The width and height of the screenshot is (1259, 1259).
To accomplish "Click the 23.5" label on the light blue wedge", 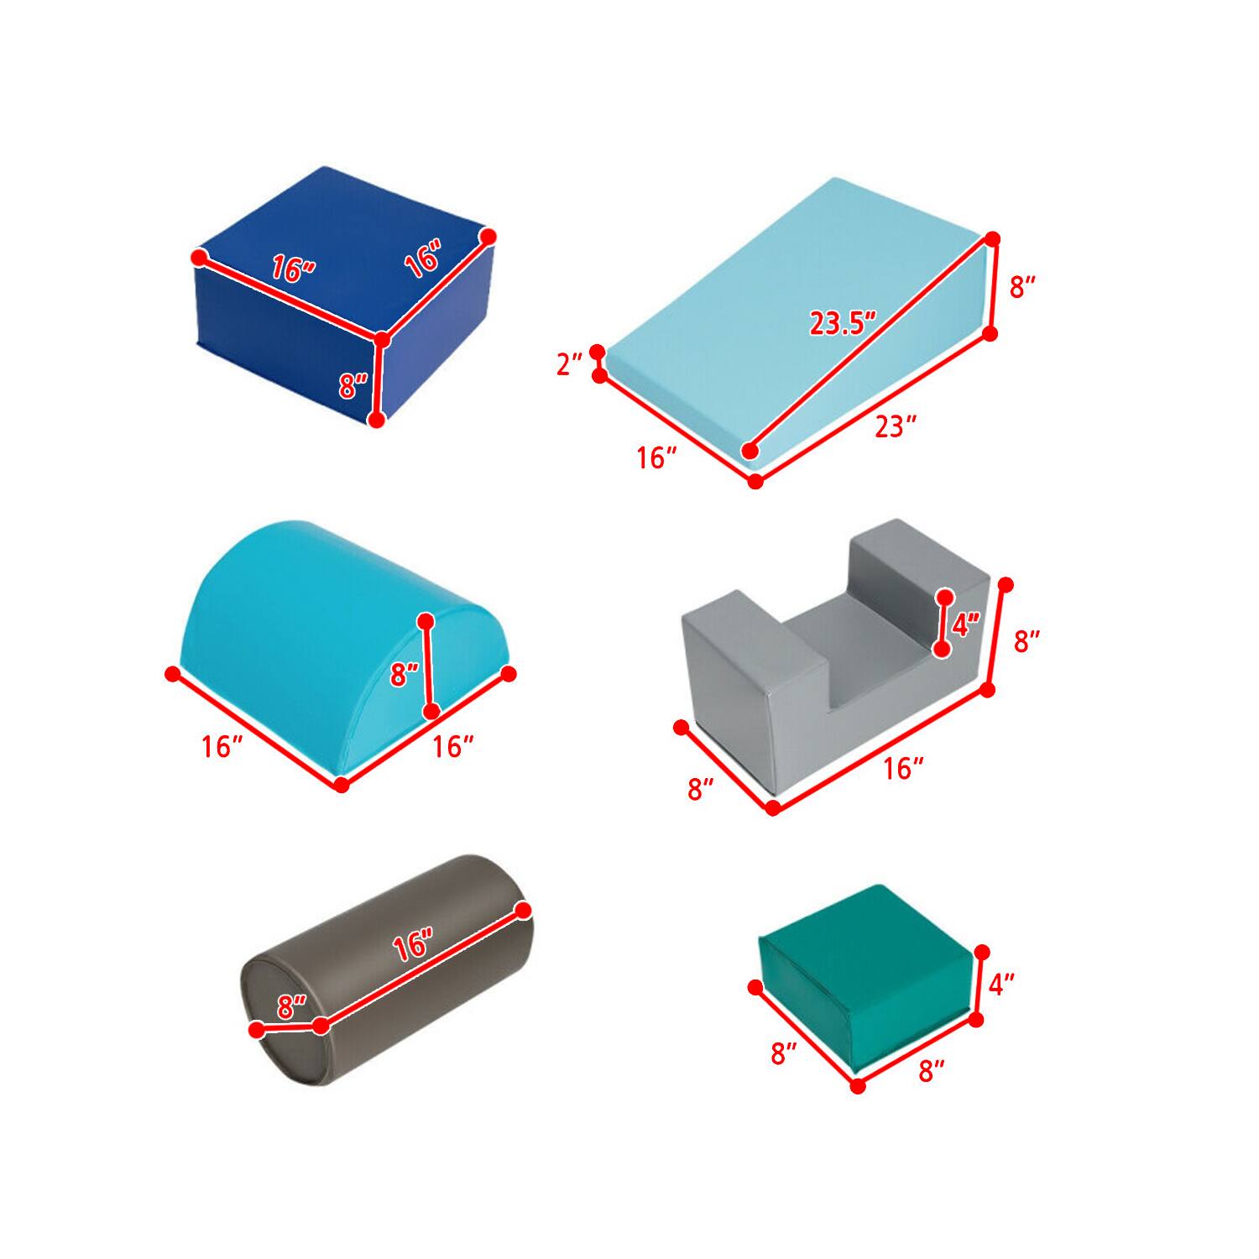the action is coord(843,322).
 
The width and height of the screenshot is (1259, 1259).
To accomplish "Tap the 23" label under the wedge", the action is coord(895,427).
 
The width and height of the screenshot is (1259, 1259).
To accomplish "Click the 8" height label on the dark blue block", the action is coord(354,387).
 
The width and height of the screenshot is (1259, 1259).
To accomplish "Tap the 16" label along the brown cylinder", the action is coord(413,947).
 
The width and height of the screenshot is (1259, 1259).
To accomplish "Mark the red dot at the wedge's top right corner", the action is coord(993,239).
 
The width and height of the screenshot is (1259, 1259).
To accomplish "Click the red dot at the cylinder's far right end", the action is coord(523,910).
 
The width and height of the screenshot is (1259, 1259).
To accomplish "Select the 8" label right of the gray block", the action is coord(1027,642).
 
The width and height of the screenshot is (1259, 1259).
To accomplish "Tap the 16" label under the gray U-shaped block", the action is coord(903,767).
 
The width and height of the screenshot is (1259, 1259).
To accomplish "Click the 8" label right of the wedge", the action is coord(1022,288).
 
